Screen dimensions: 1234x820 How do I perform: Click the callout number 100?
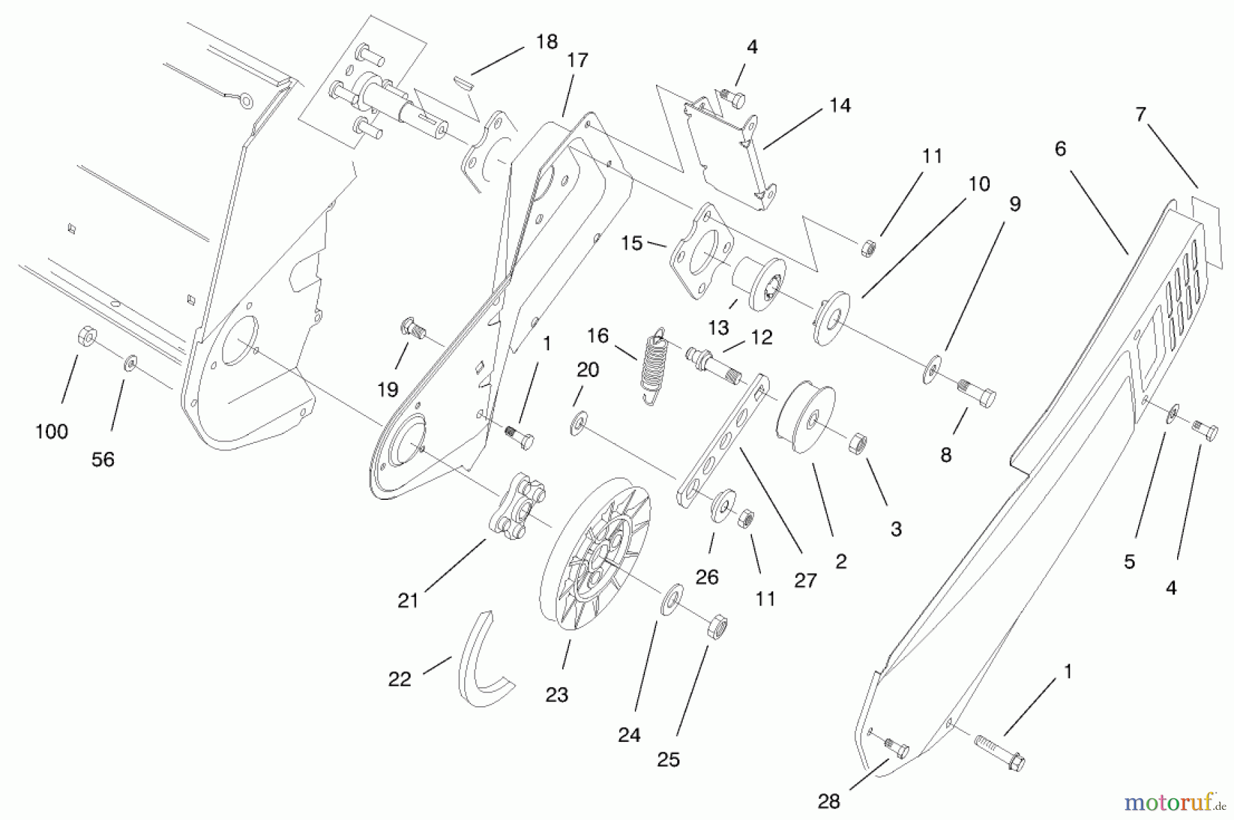(x=51, y=432)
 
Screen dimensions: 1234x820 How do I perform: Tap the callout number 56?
(x=103, y=460)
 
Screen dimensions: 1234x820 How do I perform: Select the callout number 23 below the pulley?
(x=557, y=695)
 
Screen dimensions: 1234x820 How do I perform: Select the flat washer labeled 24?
(x=671, y=599)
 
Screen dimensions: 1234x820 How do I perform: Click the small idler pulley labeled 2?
(x=804, y=419)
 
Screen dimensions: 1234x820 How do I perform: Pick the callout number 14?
(x=840, y=106)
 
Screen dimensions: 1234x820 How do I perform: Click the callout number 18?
(x=546, y=43)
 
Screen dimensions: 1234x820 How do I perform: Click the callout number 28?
(x=829, y=801)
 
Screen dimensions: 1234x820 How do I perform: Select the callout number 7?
(x=1140, y=114)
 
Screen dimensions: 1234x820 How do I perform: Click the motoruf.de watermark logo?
(x=1171, y=801)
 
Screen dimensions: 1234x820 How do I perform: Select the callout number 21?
(x=408, y=601)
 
